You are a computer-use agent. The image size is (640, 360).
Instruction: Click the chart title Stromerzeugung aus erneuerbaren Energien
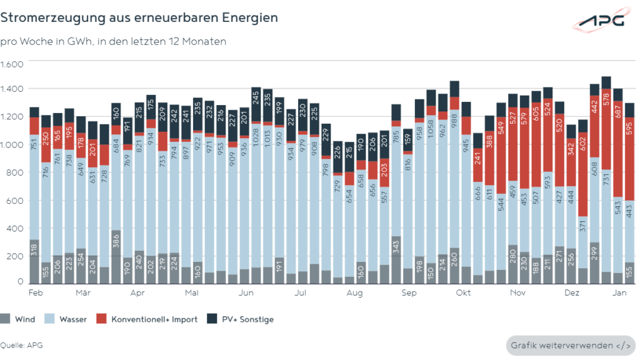(139, 17)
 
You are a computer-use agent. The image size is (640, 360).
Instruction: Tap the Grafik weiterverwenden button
(570, 345)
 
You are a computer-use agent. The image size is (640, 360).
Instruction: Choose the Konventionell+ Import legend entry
(148, 319)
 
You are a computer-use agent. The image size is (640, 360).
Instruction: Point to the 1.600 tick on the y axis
(12, 64)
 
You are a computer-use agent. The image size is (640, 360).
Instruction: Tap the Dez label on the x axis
(571, 292)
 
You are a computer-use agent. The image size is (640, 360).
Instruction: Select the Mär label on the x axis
(84, 292)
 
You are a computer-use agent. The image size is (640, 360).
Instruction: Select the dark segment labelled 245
(256, 98)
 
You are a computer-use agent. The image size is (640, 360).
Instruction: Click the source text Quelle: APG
(21, 345)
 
